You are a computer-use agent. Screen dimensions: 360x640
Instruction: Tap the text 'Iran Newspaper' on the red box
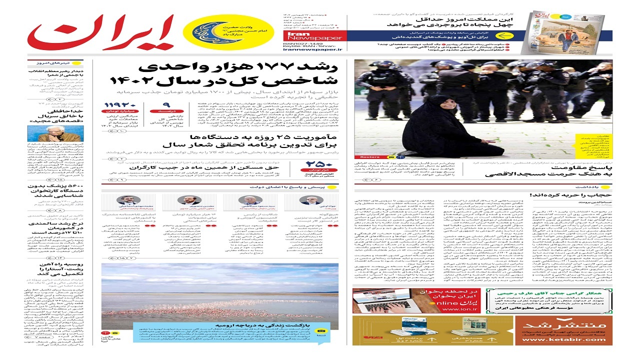point(308,36)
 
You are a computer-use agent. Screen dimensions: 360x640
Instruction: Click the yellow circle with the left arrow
point(503,36)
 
